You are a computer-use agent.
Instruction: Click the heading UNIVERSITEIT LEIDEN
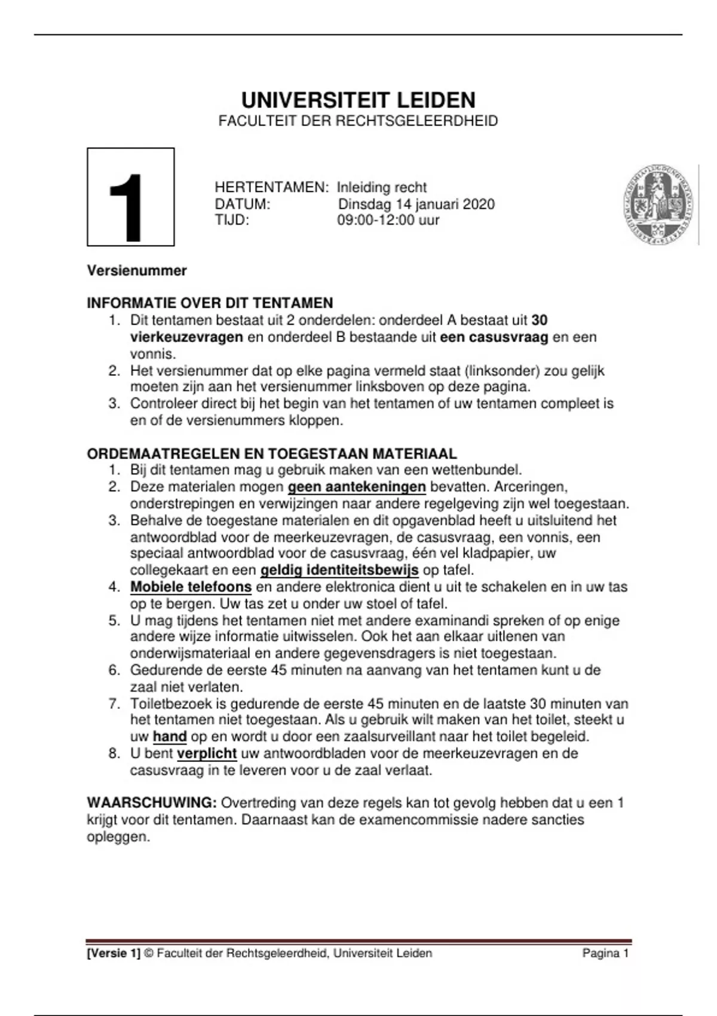pyautogui.click(x=358, y=100)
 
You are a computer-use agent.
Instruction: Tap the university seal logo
pyautogui.click(x=659, y=204)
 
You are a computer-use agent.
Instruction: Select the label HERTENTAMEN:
pyautogui.click(x=271, y=187)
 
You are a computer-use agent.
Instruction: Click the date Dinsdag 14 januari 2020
pyautogui.click(x=416, y=204)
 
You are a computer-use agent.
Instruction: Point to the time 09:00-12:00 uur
pyautogui.click(x=388, y=220)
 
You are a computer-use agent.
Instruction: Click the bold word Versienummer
pyautogui.click(x=137, y=270)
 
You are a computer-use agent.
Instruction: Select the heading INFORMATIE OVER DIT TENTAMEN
pyautogui.click(x=210, y=303)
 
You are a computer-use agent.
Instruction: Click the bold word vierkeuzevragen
pyautogui.click(x=186, y=337)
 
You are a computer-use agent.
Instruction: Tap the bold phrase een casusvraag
pyautogui.click(x=494, y=337)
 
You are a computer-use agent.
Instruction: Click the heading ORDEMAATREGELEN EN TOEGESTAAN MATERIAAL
pyautogui.click(x=272, y=454)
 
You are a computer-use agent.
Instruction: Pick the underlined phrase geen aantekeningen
pyautogui.click(x=357, y=487)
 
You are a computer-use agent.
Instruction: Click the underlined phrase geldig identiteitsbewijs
pyautogui.click(x=339, y=570)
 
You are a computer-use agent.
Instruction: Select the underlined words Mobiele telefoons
pyautogui.click(x=191, y=587)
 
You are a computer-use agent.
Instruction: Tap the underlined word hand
pyautogui.click(x=170, y=736)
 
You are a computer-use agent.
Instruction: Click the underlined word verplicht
pyautogui.click(x=207, y=753)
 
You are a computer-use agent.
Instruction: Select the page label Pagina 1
pyautogui.click(x=605, y=953)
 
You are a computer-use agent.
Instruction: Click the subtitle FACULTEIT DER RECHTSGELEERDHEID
pyautogui.click(x=358, y=121)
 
